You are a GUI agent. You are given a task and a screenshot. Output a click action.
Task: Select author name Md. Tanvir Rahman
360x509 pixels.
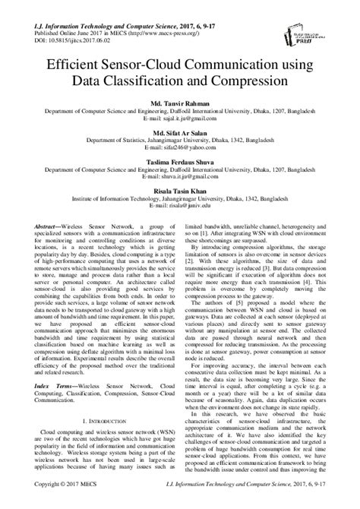(x=179, y=103)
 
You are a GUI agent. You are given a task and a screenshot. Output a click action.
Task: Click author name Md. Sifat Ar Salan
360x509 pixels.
(x=179, y=132)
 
